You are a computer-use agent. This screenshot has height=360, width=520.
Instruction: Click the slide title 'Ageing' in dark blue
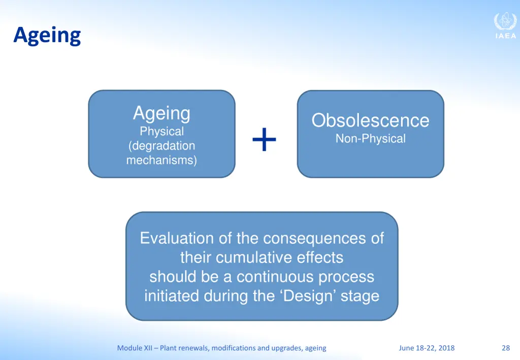(x=47, y=36)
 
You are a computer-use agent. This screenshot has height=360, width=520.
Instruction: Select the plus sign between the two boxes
(x=264, y=140)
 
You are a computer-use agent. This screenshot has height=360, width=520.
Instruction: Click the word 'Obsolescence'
(x=370, y=120)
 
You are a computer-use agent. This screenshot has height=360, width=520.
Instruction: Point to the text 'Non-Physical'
(x=370, y=139)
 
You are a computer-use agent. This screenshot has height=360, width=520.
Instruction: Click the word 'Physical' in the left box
(x=161, y=132)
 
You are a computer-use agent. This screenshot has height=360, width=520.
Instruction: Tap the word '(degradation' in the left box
(x=161, y=146)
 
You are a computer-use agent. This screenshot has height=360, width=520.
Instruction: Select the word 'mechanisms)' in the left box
(x=161, y=160)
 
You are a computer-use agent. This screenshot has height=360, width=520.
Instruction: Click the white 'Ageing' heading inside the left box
(x=161, y=114)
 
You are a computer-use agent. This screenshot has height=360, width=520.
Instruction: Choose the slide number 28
(x=506, y=348)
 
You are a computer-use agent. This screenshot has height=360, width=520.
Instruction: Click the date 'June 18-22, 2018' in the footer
(x=427, y=348)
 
